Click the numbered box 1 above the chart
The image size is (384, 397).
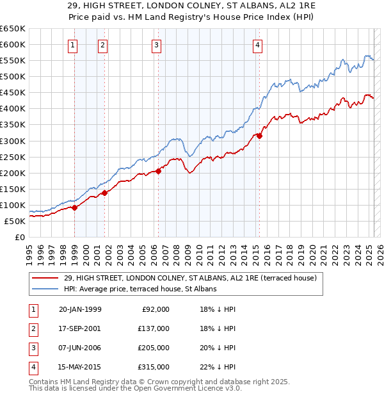[x=74, y=45]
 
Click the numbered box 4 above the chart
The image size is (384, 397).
[x=257, y=45]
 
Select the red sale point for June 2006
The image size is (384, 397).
[x=158, y=171]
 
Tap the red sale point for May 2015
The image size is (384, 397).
[x=259, y=136]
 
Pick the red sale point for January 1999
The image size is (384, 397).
[x=75, y=207]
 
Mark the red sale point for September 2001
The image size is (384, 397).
[x=104, y=193]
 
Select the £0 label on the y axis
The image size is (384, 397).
[x=19, y=237]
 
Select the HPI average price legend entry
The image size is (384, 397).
[x=140, y=289]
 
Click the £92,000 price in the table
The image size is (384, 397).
[x=156, y=309]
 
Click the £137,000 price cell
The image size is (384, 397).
[x=154, y=328]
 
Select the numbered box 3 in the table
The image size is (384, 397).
[x=32, y=348]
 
